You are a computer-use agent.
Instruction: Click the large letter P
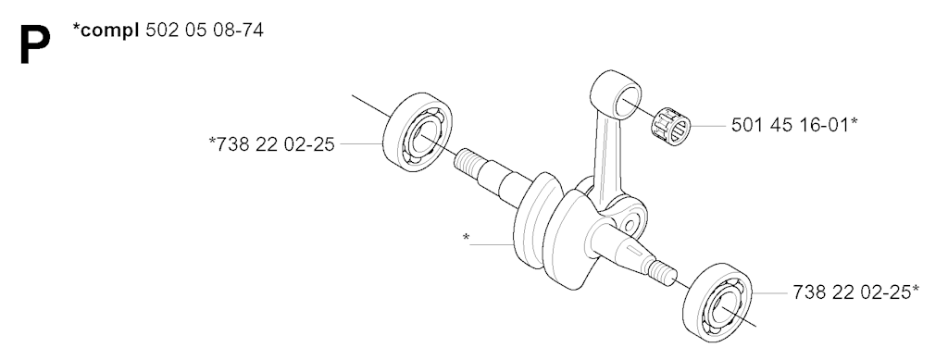(x=34, y=44)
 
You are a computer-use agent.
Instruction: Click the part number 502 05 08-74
(x=205, y=31)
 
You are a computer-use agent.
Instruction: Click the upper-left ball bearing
(x=418, y=131)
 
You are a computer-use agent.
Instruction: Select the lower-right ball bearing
(x=717, y=302)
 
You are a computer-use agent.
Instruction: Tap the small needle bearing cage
(x=670, y=126)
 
